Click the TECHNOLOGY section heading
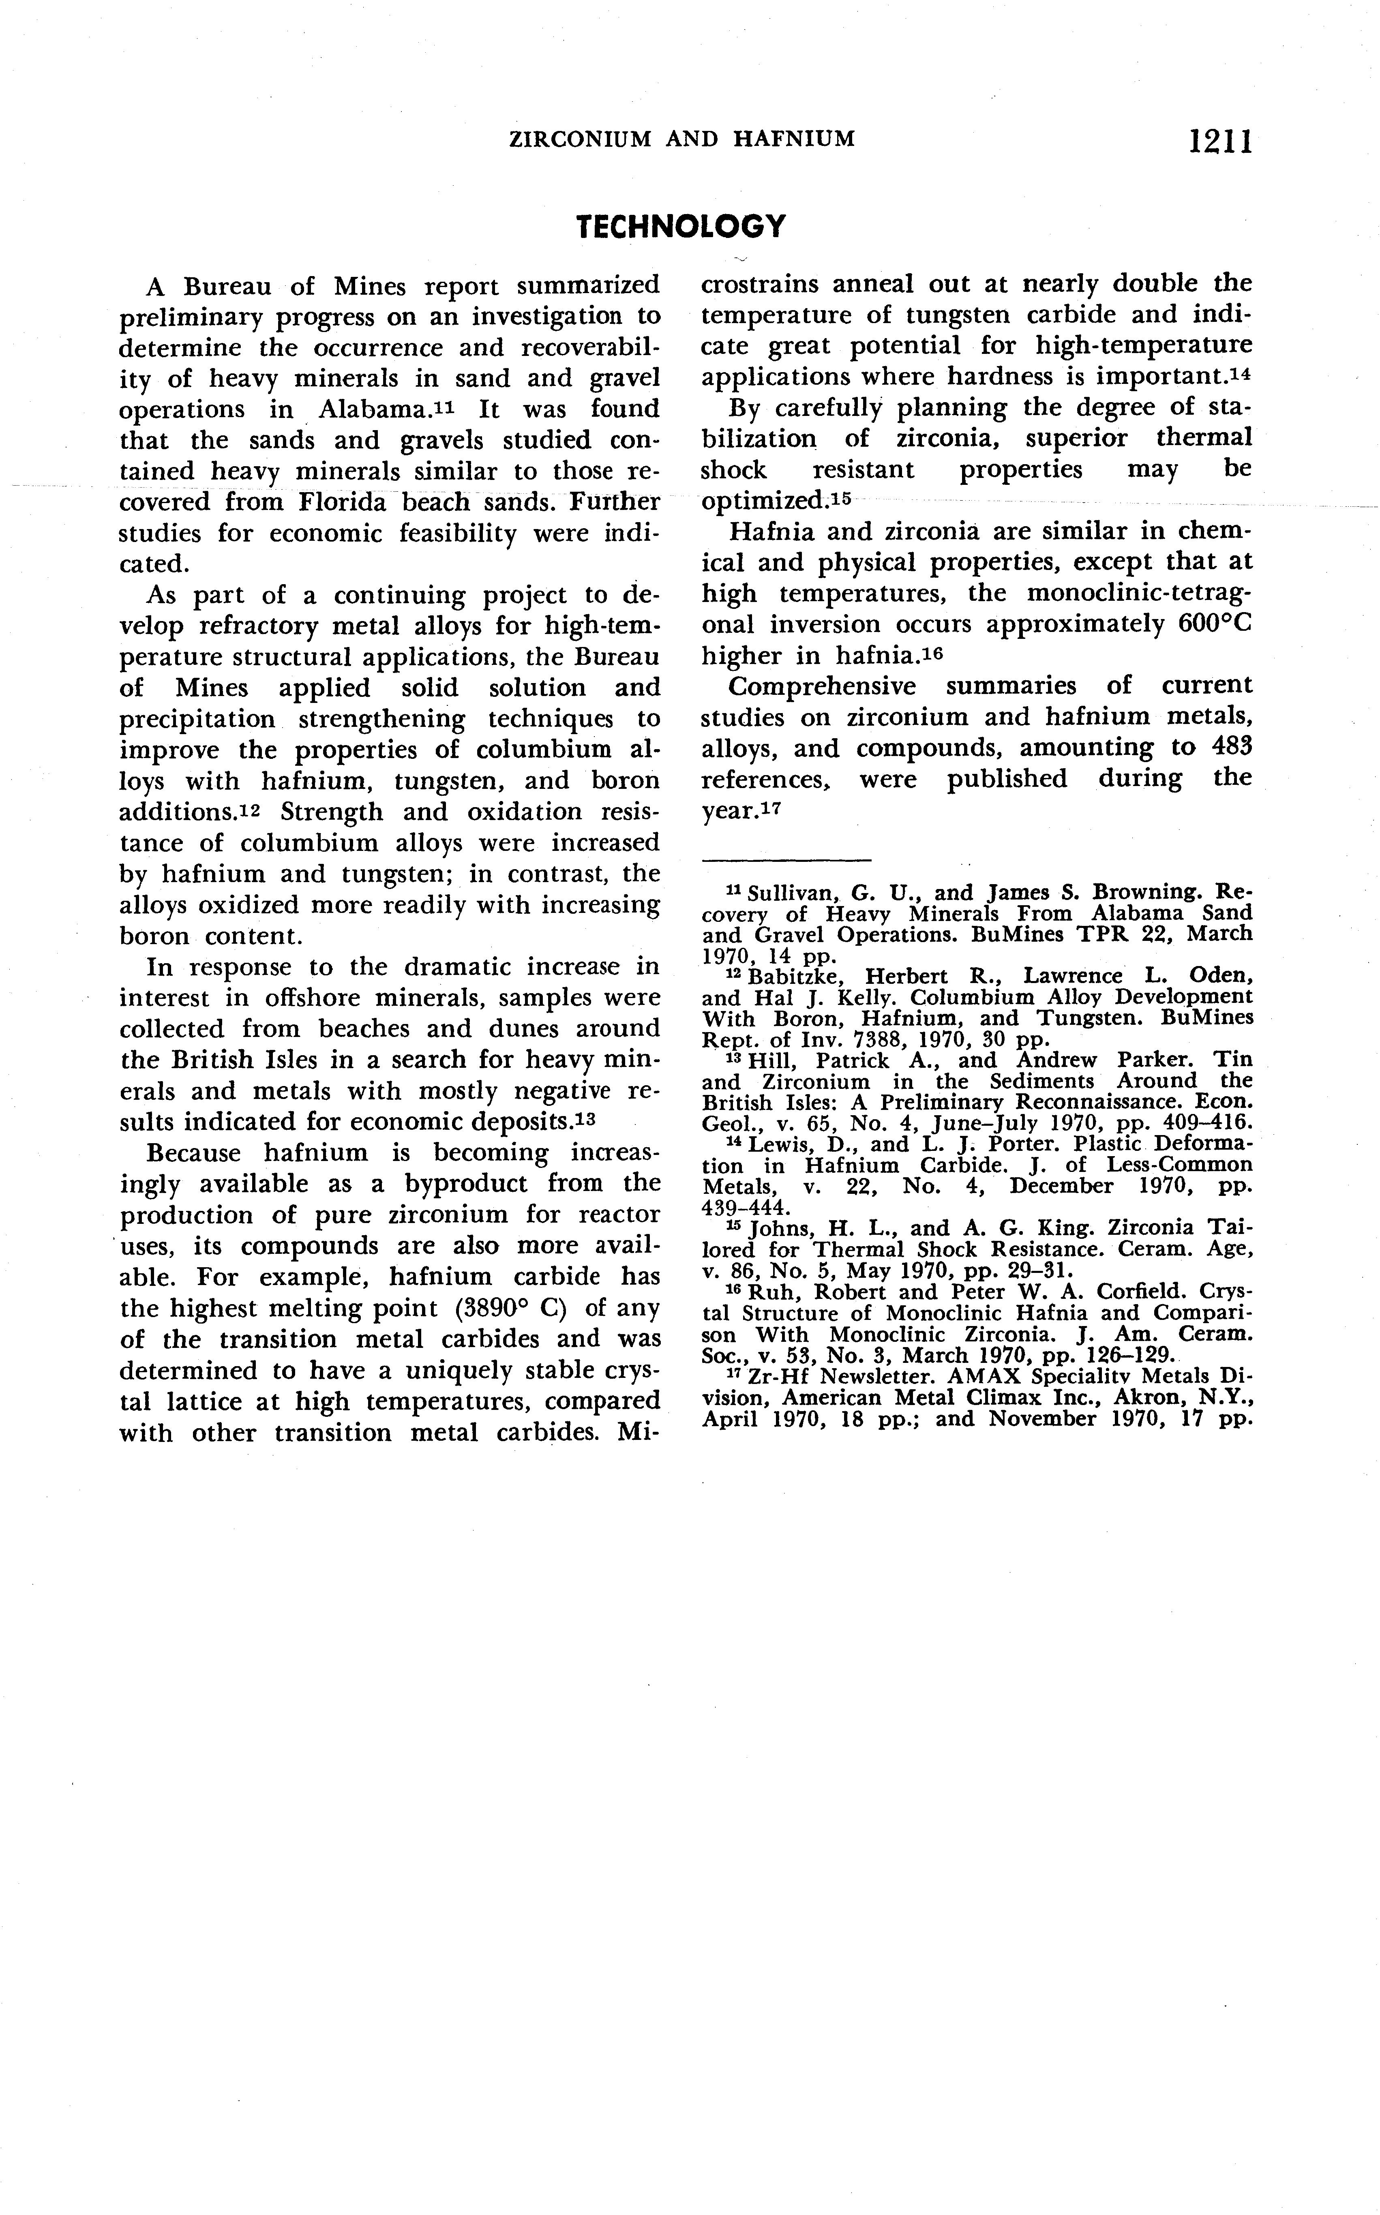click(x=681, y=226)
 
